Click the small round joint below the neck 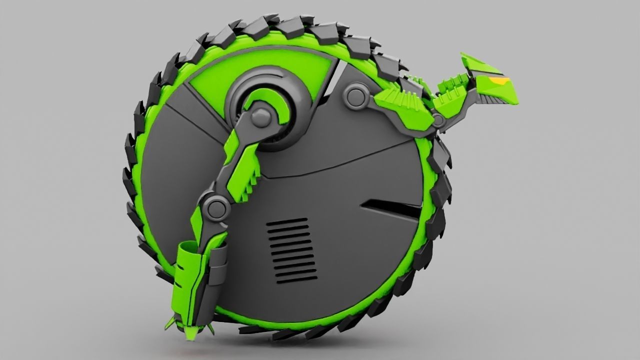pos(438,120)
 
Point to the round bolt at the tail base pos(355,96)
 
